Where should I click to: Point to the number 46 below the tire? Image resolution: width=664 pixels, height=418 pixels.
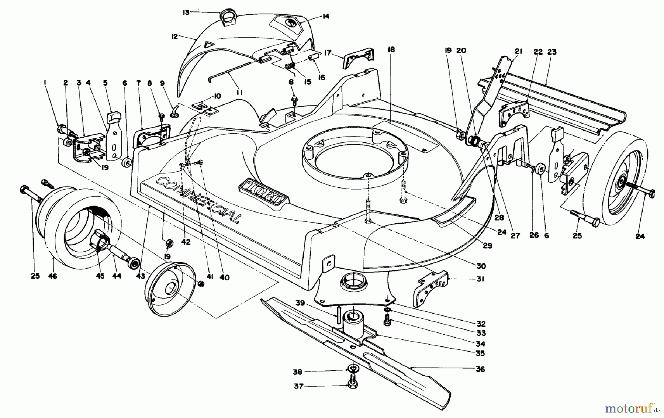pos(53,276)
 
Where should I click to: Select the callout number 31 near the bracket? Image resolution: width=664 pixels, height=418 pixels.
pos(480,279)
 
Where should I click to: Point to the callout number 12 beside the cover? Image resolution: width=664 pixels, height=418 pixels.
pos(174,37)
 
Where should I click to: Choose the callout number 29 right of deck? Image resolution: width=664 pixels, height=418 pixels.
pos(488,246)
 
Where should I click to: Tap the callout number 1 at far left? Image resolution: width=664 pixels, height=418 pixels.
pos(45,84)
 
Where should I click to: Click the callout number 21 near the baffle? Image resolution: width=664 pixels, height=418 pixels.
pos(519,52)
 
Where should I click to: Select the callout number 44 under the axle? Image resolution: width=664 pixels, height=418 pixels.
pos(117,276)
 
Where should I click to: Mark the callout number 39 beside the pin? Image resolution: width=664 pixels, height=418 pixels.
pos(300,303)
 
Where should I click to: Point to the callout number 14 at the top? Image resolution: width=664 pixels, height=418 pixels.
pos(325,16)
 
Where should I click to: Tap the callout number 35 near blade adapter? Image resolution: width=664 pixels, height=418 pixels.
pos(480,353)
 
